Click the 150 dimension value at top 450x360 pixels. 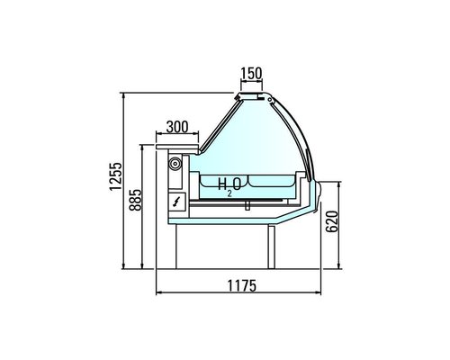252,73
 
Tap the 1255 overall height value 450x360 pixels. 115,180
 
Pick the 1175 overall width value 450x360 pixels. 240,285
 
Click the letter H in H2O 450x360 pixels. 223,184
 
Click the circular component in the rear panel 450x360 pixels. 175,164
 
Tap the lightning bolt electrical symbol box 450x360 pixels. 175,202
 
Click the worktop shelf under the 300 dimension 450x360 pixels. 178,139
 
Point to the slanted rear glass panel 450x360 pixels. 216,126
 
